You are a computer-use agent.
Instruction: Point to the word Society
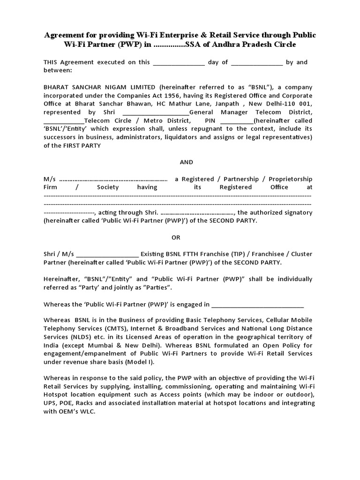pos(108,187)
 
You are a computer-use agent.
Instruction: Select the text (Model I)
pos(140,362)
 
